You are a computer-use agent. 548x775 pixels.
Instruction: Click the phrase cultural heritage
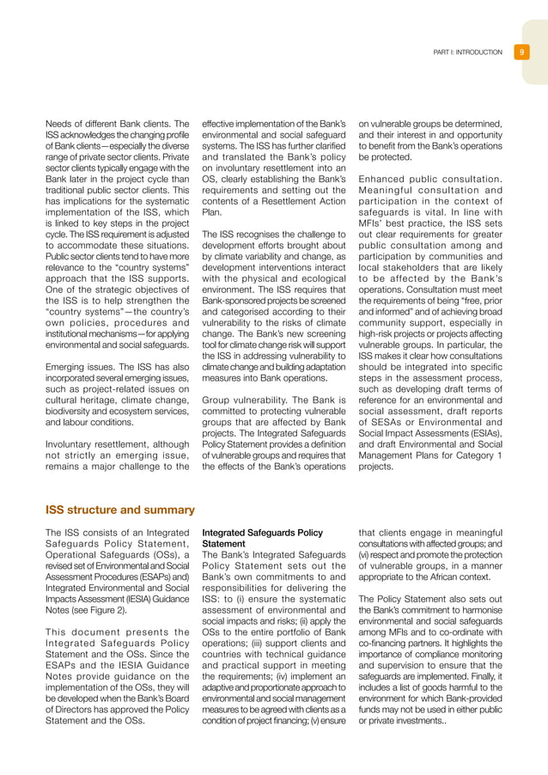tap(80, 400)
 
